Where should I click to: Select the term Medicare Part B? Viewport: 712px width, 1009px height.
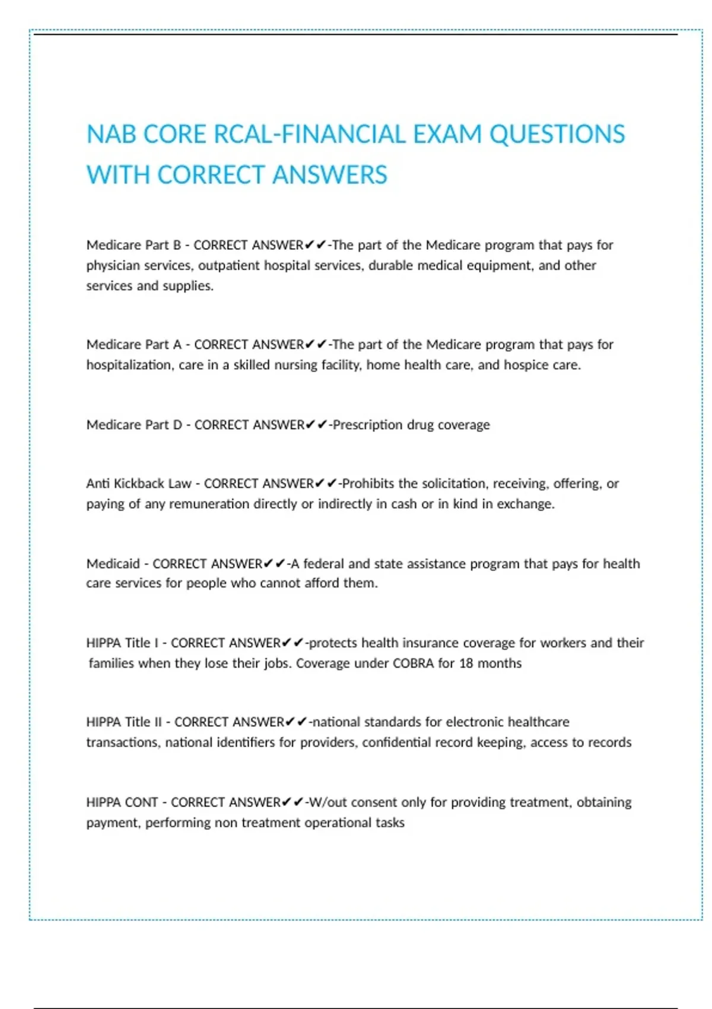[133, 245]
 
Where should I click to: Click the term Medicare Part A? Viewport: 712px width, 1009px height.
[133, 345]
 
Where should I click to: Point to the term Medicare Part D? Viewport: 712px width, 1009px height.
[134, 425]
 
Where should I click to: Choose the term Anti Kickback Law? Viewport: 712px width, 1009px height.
[138, 484]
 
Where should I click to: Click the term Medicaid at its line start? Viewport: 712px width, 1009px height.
[113, 564]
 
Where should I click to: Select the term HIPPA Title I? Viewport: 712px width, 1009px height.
[122, 643]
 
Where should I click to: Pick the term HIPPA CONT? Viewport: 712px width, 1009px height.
[122, 802]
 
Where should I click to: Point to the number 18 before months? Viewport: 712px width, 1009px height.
[466, 664]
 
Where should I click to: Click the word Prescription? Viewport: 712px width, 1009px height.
[368, 425]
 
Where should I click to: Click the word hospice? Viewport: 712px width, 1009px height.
[526, 365]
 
